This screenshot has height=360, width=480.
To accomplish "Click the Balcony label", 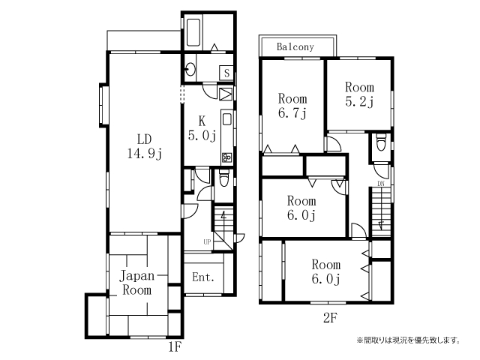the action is pos(295,46).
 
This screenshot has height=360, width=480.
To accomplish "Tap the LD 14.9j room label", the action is pos(145,146).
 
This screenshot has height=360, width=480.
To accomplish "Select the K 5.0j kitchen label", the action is pos(202,128).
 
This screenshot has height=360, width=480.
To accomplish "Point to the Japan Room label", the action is pos(136,283).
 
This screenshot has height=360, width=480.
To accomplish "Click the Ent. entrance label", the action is pos(203,277).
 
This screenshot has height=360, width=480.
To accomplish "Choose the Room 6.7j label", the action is pos(292,106).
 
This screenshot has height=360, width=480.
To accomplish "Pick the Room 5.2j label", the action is pos(360,94).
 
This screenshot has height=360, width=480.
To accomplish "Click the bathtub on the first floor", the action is pos(193,32).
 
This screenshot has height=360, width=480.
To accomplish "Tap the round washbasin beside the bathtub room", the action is pos(190,70).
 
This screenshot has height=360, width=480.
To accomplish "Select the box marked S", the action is pos(226,73).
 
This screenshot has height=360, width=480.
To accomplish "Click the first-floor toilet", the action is pos(223,178).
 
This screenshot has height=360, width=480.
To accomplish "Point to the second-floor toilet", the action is pos(381,142).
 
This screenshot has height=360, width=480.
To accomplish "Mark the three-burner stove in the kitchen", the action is pos(226,157).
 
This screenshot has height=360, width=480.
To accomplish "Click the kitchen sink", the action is pos(226,119).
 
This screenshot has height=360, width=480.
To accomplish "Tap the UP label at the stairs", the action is pos(207,241).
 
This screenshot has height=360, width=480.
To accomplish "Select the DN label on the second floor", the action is pos(381,184).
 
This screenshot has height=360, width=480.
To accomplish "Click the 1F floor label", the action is pos(175,347).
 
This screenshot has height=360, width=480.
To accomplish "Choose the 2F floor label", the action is pos(330,318).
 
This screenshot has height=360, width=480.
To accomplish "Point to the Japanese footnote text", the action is pos(408,340).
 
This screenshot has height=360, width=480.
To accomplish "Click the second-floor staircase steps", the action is pos(382,211).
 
